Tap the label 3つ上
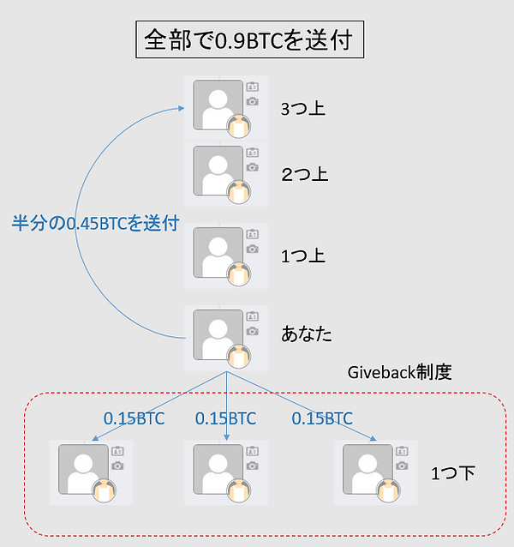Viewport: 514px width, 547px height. click(x=303, y=109)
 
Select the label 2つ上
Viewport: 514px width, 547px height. click(x=304, y=174)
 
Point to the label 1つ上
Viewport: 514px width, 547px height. click(x=304, y=255)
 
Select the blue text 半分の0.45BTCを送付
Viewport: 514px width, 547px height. click(x=94, y=224)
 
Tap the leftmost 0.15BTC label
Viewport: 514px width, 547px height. click(x=134, y=419)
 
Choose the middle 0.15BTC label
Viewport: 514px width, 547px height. click(x=225, y=419)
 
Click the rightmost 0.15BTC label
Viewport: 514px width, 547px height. click(x=322, y=419)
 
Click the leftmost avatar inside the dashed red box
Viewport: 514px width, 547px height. click(x=84, y=470)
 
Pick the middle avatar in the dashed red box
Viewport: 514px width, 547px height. click(x=218, y=470)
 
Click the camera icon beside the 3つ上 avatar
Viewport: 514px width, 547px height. click(x=252, y=101)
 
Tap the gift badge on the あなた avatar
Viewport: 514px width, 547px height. click(x=240, y=356)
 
